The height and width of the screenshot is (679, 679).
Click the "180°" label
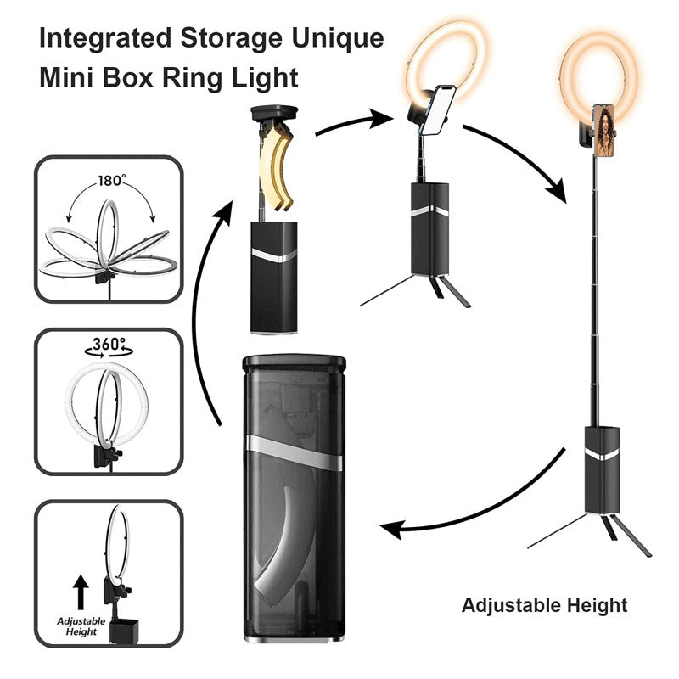click(x=111, y=182)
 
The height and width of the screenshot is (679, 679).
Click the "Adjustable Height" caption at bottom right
click(x=544, y=606)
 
